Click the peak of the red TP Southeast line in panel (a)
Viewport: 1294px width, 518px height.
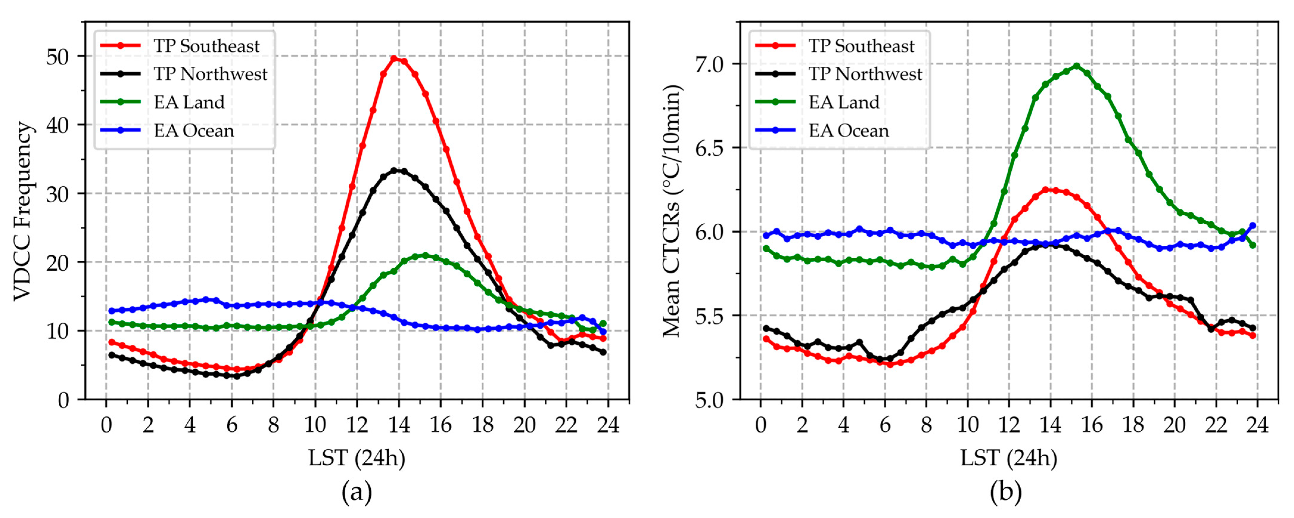[x=394, y=59]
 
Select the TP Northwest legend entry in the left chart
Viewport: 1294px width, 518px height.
[x=210, y=74]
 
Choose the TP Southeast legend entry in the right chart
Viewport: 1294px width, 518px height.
[x=861, y=46]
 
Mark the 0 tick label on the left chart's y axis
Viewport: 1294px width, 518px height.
[x=63, y=400]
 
